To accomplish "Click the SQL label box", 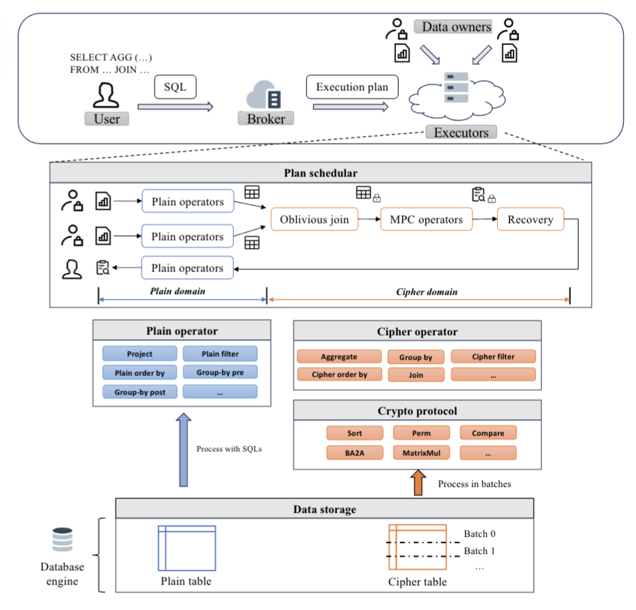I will [174, 88].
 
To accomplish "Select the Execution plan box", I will [352, 87].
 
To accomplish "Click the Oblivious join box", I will [314, 220].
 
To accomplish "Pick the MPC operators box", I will [426, 220].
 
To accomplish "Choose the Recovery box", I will [530, 220].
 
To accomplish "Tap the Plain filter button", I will [220, 354].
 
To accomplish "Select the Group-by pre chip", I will [220, 373].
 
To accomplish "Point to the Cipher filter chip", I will [493, 356].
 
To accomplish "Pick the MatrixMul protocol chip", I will [421, 453].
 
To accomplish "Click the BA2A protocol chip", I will [354, 453].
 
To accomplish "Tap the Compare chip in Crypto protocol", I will [488, 433].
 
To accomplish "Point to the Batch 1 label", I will [479, 551].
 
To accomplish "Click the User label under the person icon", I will [107, 118].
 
